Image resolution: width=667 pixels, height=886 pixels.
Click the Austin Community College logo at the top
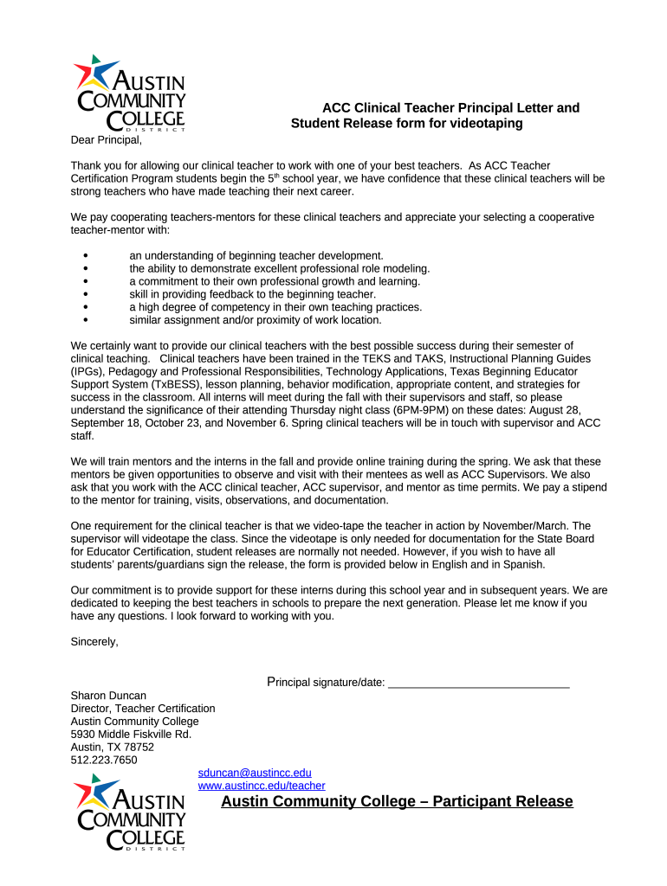(130, 93)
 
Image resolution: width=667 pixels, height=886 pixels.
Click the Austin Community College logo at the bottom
(130, 812)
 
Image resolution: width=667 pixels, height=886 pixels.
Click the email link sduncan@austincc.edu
(255, 773)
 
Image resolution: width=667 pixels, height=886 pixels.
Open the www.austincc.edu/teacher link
(262, 786)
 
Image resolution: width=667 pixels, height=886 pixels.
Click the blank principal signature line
(478, 683)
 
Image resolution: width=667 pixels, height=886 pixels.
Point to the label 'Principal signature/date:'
(326, 683)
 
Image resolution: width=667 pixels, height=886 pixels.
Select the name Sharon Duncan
(108, 696)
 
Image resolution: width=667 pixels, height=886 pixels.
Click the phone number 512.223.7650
(104, 761)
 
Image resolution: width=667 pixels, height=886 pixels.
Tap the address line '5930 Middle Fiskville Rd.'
(131, 735)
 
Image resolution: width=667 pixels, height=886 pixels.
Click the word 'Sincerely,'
(94, 642)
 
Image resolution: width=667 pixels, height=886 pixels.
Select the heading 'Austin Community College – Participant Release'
(397, 801)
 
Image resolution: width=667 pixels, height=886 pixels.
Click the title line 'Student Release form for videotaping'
(406, 124)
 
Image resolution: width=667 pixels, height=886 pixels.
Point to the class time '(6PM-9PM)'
(420, 410)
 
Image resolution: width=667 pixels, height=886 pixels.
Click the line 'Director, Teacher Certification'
(143, 709)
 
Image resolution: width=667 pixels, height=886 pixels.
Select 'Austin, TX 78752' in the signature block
(112, 748)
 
